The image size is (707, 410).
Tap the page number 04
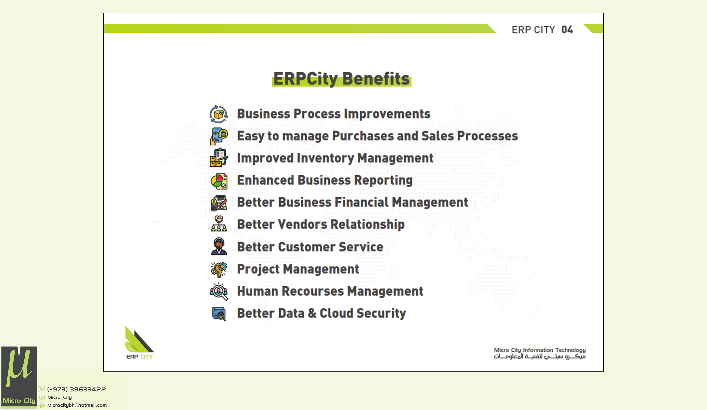(567, 30)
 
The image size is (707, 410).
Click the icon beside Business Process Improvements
(219, 114)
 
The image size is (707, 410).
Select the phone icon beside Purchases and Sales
(219, 136)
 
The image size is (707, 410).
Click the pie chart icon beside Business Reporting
(219, 181)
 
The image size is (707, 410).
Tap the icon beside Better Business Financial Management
(219, 203)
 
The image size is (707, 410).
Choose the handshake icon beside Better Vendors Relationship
(219, 224)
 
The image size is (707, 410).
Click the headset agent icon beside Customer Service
(219, 246)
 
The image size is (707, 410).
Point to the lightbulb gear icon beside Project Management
(219, 269)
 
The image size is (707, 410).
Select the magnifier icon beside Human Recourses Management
(219, 292)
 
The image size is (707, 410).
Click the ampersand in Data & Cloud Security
(312, 313)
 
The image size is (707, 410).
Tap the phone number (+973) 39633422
(77, 389)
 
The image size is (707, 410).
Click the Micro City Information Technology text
(540, 350)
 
